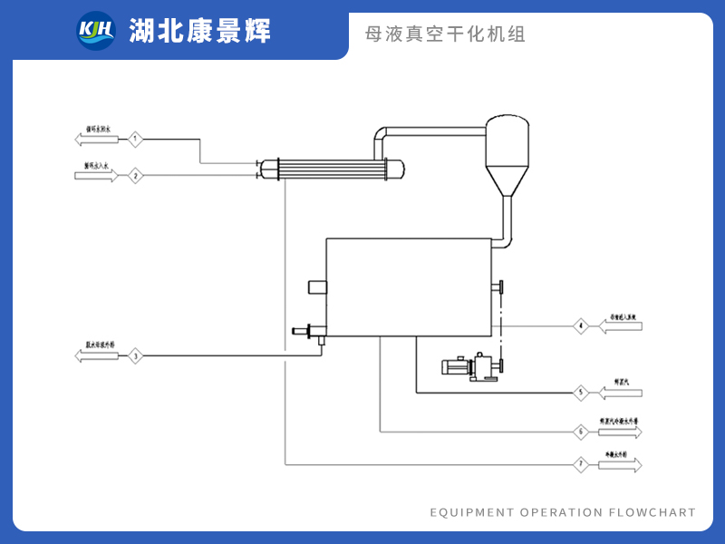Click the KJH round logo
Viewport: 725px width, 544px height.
tap(96, 31)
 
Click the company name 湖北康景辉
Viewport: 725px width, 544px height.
tap(200, 32)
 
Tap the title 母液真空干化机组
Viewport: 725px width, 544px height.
tap(445, 34)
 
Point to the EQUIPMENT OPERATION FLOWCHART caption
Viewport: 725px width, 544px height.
tap(563, 512)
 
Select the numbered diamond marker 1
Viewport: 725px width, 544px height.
tap(135, 139)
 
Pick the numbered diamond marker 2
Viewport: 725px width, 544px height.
tap(135, 176)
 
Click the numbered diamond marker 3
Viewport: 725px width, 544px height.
tap(135, 355)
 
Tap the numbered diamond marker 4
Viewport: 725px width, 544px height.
tap(581, 325)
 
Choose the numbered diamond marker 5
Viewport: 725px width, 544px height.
tap(581, 393)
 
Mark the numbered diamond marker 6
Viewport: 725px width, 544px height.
tap(581, 431)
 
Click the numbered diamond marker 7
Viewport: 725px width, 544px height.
tap(581, 465)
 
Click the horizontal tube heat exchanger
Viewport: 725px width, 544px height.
tap(330, 168)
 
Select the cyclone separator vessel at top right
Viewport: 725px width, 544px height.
tap(507, 145)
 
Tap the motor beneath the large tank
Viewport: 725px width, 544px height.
tap(458, 367)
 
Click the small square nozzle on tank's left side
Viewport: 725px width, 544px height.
tap(317, 287)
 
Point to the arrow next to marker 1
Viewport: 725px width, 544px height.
tap(96, 139)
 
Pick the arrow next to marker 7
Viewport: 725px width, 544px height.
tap(620, 465)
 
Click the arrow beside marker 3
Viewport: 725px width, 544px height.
tap(96, 355)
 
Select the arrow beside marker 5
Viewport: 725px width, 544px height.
tap(620, 393)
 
